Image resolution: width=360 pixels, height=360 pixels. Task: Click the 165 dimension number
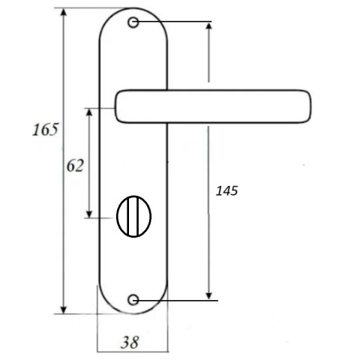coord(46,130)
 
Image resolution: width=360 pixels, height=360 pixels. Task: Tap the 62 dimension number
coord(75,166)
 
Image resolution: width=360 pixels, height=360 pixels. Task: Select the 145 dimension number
coord(226,191)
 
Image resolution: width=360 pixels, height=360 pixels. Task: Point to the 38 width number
coord(130,342)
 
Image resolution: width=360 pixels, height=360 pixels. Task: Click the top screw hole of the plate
coord(133,22)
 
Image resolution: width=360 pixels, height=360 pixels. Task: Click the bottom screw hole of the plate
coord(133,300)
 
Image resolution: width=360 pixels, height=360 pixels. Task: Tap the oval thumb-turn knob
coord(134,217)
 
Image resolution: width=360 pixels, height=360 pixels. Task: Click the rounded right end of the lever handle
coord(308,106)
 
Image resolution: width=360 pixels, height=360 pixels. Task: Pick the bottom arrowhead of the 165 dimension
coord(64,309)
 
